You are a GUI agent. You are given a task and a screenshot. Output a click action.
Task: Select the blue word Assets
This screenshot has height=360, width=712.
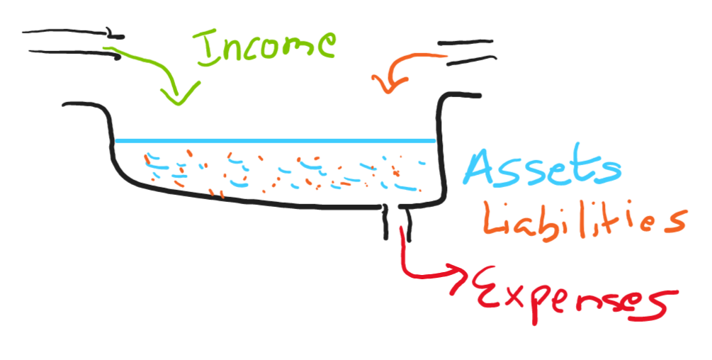point(542,167)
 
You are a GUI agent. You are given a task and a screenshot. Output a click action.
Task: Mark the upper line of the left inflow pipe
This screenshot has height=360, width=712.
point(71,32)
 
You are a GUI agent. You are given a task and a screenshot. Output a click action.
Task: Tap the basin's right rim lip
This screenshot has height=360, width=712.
point(460,96)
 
